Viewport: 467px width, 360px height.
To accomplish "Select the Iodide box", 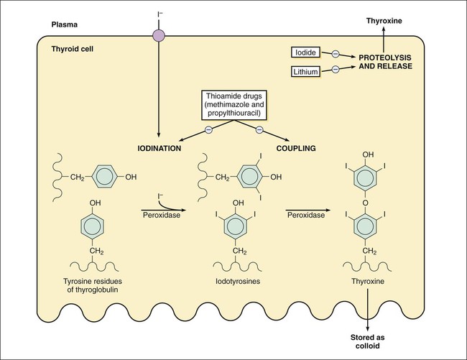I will click(305, 53).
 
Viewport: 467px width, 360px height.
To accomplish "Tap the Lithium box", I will click(305, 71).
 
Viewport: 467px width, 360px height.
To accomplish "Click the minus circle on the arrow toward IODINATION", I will click(208, 129).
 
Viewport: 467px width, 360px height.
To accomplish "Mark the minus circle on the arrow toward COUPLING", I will click(259, 129).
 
